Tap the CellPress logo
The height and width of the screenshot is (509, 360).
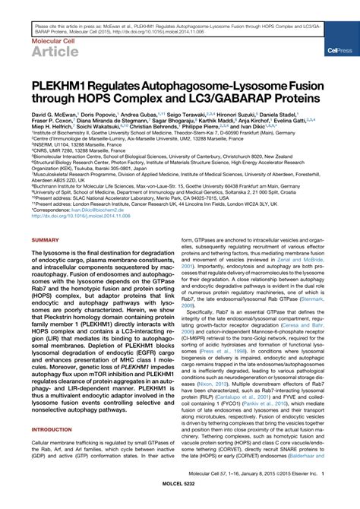338,51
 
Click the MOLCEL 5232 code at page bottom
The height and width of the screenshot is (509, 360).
180,501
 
